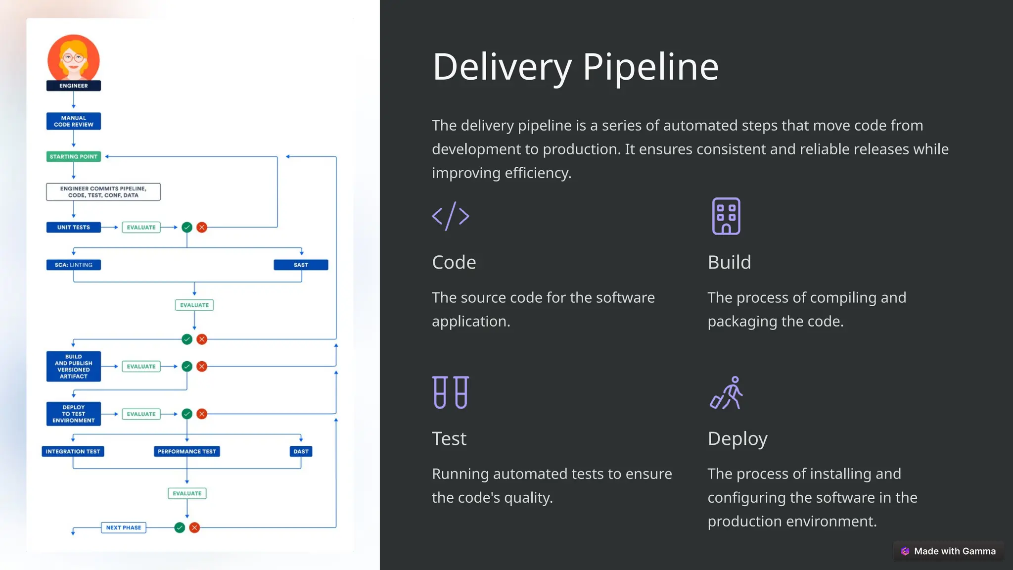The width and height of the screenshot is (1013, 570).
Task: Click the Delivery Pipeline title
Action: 575,67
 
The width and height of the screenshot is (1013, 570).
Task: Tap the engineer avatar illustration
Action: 74,58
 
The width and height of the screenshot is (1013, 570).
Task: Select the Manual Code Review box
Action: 74,121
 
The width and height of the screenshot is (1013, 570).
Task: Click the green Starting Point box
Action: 74,156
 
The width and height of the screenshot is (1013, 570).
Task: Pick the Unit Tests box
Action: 74,227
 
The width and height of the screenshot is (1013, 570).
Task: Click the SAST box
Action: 301,265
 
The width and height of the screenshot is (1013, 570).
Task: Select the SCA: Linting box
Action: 74,265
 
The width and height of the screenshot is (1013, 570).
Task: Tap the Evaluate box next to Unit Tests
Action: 141,227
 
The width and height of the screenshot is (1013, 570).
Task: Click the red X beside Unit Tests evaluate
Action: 202,227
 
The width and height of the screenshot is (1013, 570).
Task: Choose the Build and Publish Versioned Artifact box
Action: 74,366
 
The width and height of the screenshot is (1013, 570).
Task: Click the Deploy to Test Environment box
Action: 74,414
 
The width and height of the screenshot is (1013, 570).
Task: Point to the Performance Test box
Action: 187,451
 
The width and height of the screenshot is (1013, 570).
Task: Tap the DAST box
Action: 301,451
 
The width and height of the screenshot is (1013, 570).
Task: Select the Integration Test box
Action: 73,451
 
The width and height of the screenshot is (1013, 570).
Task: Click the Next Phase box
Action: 124,527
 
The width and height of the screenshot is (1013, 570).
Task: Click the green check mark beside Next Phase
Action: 180,527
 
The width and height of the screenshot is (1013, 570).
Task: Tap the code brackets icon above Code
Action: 450,216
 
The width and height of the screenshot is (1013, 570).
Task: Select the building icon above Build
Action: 726,216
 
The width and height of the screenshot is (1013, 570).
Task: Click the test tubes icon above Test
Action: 450,392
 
